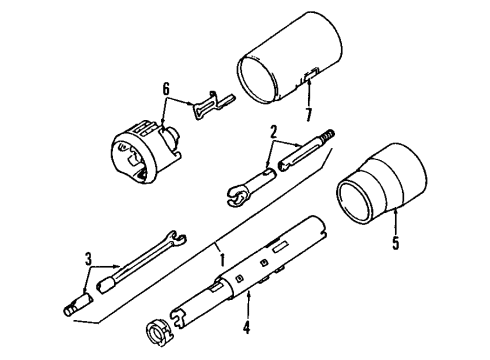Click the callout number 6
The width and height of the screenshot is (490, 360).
click(x=165, y=90)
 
